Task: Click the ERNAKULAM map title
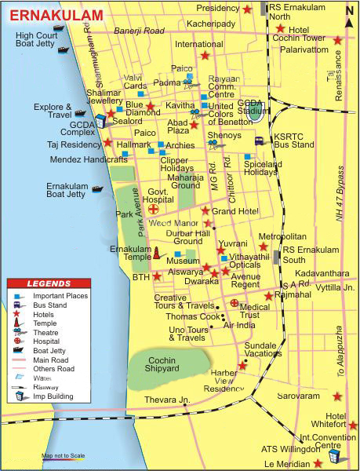[x=55, y=15]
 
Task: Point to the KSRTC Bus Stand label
[x=293, y=141]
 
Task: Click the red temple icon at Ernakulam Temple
[x=156, y=253]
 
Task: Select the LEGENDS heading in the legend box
[x=49, y=283]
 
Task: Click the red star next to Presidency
[x=248, y=9]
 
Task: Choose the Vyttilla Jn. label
[x=336, y=288]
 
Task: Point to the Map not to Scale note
[x=64, y=456]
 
